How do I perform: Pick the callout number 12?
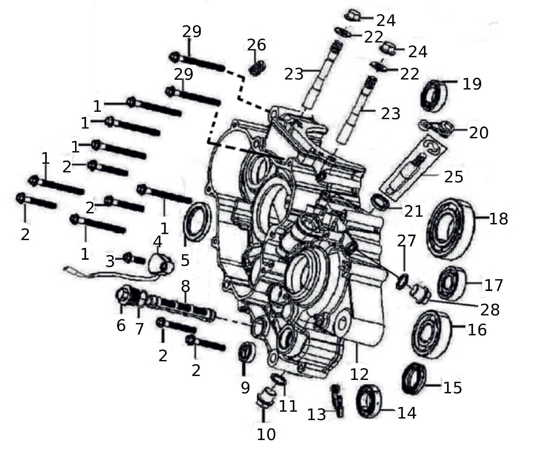[x=359, y=374]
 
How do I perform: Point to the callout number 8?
[x=185, y=286]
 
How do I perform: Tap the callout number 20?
[x=478, y=133]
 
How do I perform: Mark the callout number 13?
[x=316, y=415]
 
